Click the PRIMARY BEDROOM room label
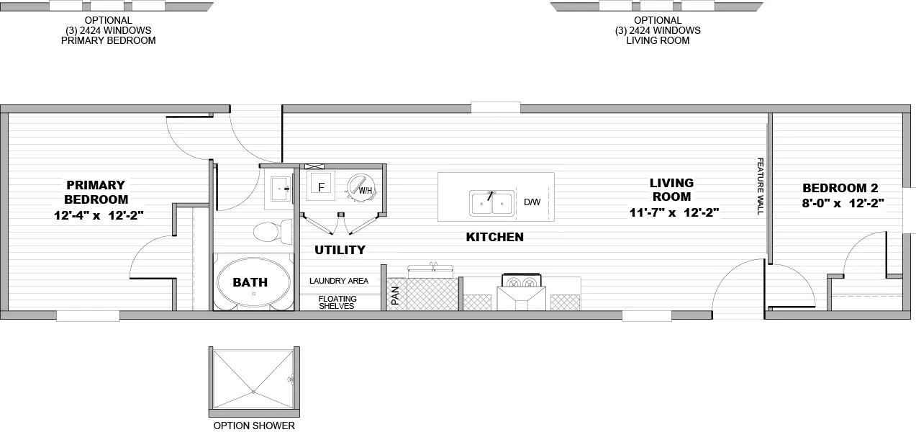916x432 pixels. (x=96, y=192)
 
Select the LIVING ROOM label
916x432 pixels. (x=671, y=189)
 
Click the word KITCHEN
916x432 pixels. (x=494, y=237)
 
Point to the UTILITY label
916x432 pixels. (x=340, y=250)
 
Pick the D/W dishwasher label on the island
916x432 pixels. (x=532, y=202)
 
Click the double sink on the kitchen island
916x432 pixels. (x=491, y=203)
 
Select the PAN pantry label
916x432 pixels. (x=395, y=295)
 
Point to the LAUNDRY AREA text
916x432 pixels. (x=339, y=281)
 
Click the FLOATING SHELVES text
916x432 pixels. (x=337, y=302)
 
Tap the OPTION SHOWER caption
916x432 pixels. (x=254, y=426)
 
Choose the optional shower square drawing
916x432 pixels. (x=254, y=382)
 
